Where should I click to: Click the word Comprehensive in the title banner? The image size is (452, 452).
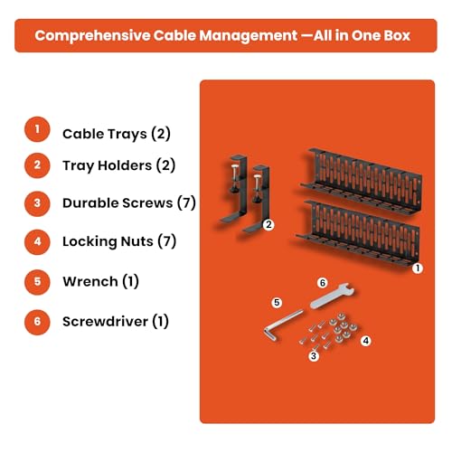click(92, 36)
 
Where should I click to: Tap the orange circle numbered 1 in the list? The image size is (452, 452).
click(37, 129)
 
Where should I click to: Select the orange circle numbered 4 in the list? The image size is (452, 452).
click(37, 242)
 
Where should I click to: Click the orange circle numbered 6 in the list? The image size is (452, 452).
click(37, 322)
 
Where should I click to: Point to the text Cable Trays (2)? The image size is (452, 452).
click(117, 134)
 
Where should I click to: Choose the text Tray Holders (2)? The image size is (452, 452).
click(118, 165)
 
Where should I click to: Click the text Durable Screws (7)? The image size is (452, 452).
click(129, 203)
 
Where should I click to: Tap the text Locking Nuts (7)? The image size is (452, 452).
click(119, 241)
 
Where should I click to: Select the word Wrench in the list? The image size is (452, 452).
click(90, 282)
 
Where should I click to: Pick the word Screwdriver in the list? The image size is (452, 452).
click(105, 322)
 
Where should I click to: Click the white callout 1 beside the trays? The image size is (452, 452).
click(418, 268)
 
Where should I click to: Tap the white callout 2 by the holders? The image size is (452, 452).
click(268, 224)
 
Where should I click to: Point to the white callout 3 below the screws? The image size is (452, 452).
click(314, 356)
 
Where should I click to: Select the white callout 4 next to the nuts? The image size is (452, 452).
click(366, 341)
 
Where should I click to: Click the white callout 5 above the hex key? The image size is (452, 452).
click(277, 303)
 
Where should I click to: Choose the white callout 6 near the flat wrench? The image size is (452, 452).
click(323, 283)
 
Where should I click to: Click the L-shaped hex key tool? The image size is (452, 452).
click(282, 323)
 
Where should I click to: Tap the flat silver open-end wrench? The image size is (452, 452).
click(332, 296)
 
